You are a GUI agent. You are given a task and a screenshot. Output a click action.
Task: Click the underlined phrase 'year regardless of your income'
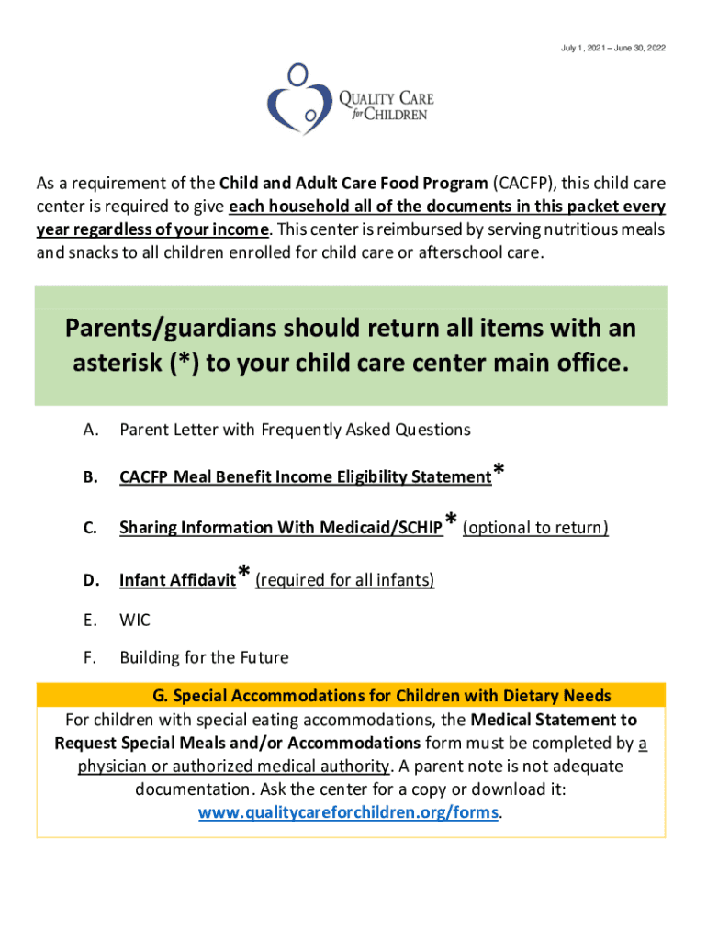pos(152,229)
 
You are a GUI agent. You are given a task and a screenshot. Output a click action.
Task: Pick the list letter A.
pos(90,430)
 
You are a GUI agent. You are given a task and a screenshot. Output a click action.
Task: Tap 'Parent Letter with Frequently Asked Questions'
pos(295,430)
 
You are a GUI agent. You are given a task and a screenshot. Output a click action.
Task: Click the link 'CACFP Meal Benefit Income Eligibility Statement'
pos(305,477)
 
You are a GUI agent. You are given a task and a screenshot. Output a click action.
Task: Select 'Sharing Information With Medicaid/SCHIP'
pos(281,528)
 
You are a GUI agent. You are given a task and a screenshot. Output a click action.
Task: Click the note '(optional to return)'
pos(535,528)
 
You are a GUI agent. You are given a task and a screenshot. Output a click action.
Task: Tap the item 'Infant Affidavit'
pos(177,580)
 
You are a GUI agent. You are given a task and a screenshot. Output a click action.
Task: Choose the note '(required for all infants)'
pos(344,580)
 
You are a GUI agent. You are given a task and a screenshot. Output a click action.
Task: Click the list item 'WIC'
pos(135,621)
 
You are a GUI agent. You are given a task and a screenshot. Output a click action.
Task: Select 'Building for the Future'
pos(204,657)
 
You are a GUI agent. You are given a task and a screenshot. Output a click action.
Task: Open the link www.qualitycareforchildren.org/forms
pos(350,813)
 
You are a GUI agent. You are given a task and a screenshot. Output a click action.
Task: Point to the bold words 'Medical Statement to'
pos(554,720)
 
